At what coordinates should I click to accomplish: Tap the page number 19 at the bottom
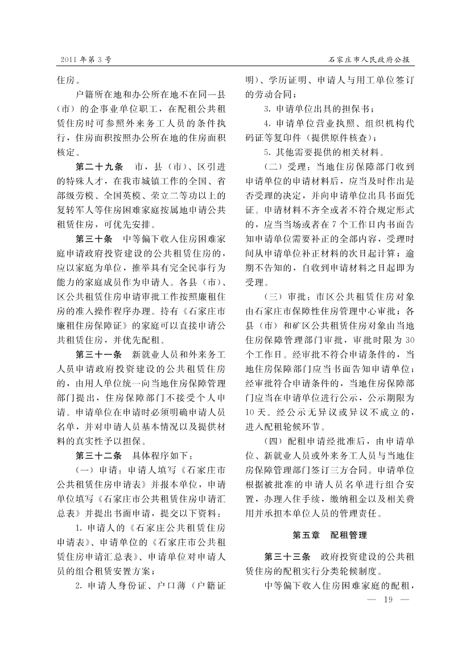[389, 600]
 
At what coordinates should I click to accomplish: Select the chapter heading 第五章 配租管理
[329, 535]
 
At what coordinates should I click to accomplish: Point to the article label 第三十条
[95, 237]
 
